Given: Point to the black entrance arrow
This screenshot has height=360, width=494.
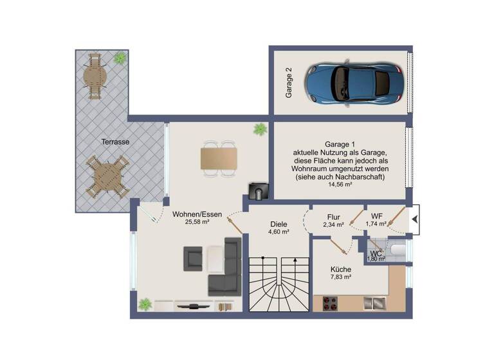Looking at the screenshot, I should [414, 220].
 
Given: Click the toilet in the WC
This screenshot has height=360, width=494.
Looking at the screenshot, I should [384, 249].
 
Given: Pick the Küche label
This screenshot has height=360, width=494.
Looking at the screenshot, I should [341, 269].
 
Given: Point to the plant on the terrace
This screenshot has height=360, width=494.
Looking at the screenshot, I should [120, 59].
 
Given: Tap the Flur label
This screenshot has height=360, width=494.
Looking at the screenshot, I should [333, 217].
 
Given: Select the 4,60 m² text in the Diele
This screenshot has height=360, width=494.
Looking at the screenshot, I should [279, 231].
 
